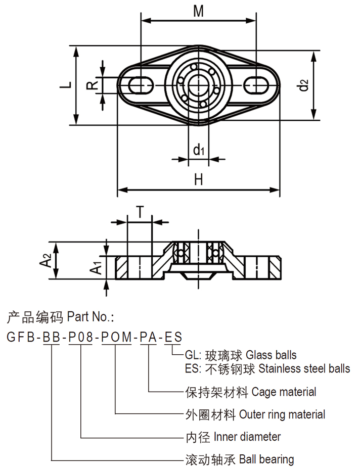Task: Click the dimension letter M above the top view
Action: pos(198,11)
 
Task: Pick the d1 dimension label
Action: pos(199,150)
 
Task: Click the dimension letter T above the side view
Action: pos(139,211)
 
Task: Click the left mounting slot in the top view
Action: pos(140,84)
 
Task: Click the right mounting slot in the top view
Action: pos(257,84)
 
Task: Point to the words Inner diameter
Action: pos(247,437)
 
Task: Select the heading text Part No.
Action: pos(91,317)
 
